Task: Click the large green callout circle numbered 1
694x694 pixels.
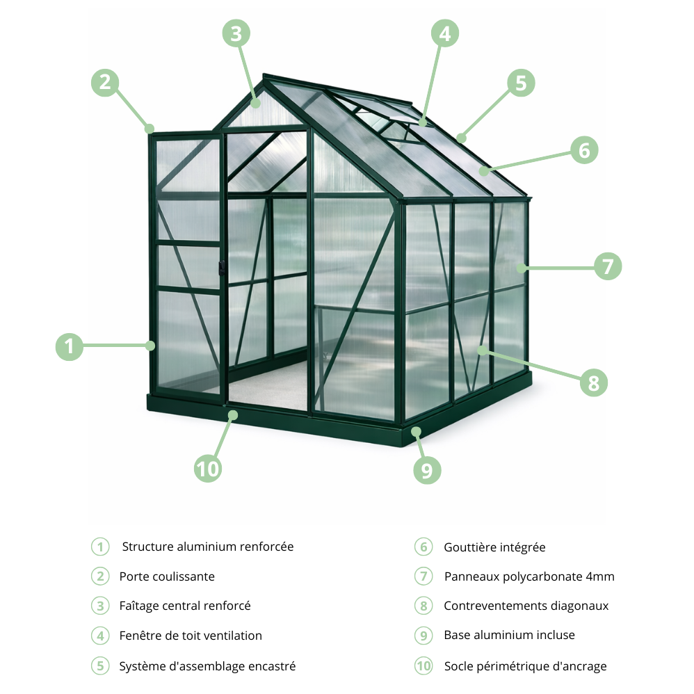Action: (x=69, y=346)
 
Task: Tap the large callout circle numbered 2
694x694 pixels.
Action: (x=104, y=83)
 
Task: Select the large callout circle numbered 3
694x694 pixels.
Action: (x=236, y=33)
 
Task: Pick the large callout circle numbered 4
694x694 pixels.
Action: (x=445, y=33)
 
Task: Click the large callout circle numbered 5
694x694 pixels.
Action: (x=520, y=83)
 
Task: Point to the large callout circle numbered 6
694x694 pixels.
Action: (x=583, y=150)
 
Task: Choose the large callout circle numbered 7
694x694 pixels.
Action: (x=608, y=266)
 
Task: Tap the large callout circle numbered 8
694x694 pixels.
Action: (x=593, y=382)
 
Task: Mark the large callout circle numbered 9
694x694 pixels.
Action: (x=427, y=470)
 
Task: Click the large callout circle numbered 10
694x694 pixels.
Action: (x=207, y=468)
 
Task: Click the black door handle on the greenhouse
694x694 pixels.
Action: (x=222, y=268)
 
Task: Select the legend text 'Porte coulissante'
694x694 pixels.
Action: (x=167, y=576)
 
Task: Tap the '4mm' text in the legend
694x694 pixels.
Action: (x=600, y=576)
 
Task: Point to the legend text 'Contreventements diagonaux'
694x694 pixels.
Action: (x=526, y=606)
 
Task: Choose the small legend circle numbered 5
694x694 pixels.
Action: (x=100, y=666)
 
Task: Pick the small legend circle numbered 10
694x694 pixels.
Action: (x=423, y=666)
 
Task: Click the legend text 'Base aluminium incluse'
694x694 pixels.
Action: (x=509, y=635)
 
